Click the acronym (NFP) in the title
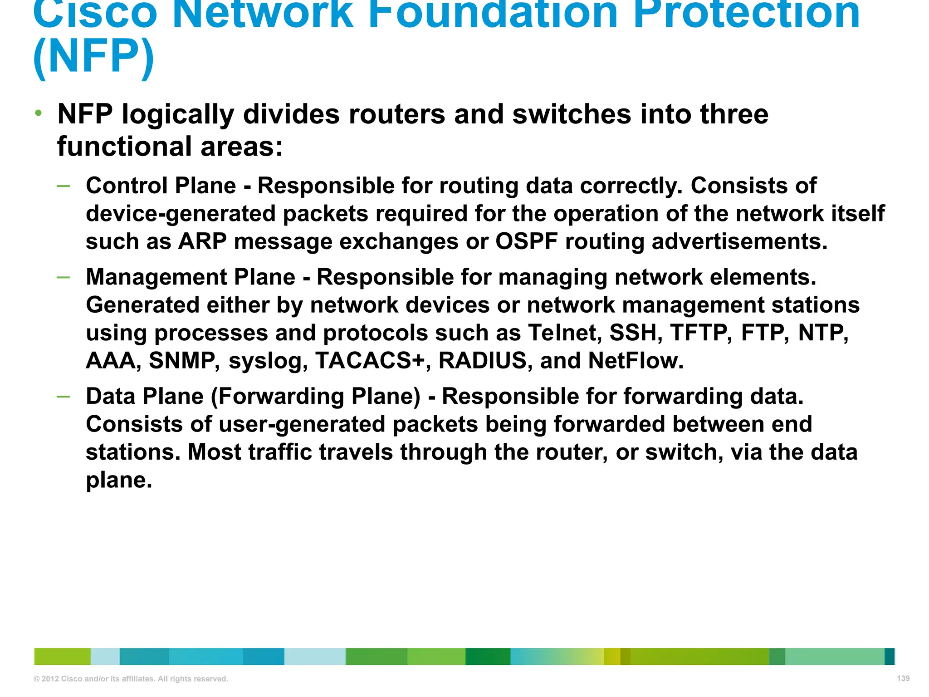[x=94, y=57]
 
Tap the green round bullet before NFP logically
[x=39, y=113]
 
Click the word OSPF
[x=526, y=241]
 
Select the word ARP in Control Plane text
[x=202, y=241]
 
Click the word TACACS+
[x=370, y=361]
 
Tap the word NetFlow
[x=636, y=361]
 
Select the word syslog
[x=268, y=362]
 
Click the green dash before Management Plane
[x=64, y=277]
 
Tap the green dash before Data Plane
[x=64, y=396]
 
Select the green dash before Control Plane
[x=64, y=186]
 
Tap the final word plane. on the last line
[x=119, y=481]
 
